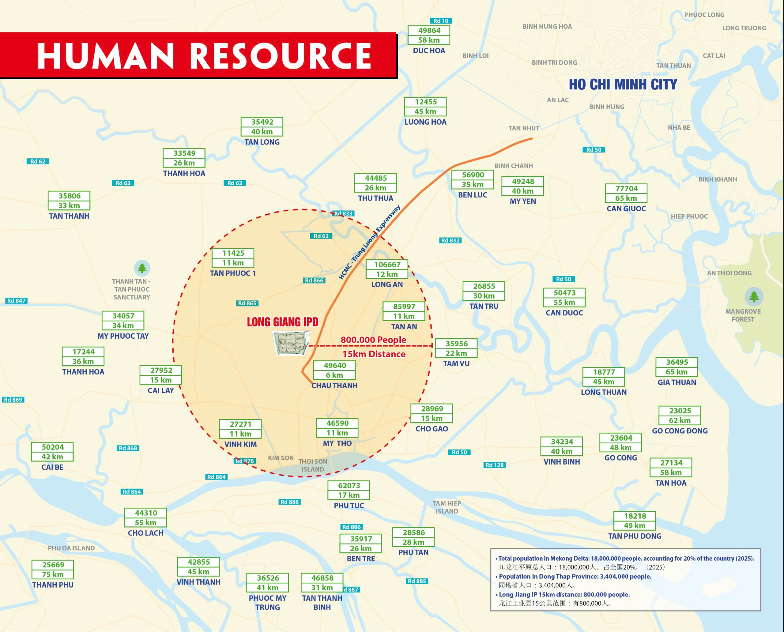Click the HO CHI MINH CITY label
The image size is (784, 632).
[x=623, y=85]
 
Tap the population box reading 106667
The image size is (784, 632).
[x=387, y=265]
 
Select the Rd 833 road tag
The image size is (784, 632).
[x=343, y=214]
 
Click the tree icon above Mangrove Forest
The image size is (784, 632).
[x=754, y=297]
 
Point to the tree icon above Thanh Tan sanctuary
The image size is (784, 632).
[x=142, y=268]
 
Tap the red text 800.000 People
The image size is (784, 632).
[x=373, y=340]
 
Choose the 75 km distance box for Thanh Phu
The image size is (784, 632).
[x=53, y=574]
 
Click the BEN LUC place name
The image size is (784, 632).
[x=472, y=195]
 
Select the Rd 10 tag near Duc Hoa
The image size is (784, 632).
[x=441, y=21]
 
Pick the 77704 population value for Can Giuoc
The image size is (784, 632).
[x=626, y=189]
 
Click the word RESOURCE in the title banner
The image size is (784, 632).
[x=281, y=56]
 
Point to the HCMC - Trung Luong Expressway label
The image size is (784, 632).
[x=369, y=243]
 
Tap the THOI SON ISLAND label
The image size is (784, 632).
[x=312, y=465]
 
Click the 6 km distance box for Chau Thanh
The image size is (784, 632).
[x=334, y=375]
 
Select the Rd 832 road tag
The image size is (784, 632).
[x=450, y=241]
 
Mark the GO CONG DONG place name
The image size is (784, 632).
[x=680, y=431]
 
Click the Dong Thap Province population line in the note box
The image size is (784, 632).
[x=575, y=577]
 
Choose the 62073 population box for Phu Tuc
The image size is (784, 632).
[x=349, y=486]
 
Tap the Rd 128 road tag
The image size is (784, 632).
[x=494, y=465]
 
